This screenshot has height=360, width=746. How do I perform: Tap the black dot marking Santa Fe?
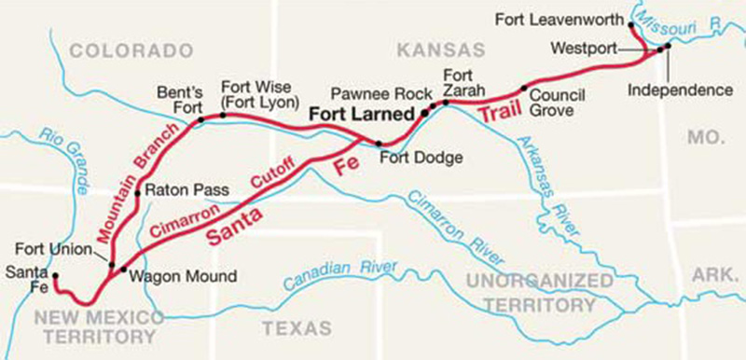click(x=55, y=276)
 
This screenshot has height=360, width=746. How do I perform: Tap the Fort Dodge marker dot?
click(x=379, y=144)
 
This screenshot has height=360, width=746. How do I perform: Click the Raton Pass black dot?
click(x=137, y=194)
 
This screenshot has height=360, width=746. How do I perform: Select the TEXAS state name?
click(x=297, y=328)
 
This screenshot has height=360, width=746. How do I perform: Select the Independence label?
click(x=679, y=90)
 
